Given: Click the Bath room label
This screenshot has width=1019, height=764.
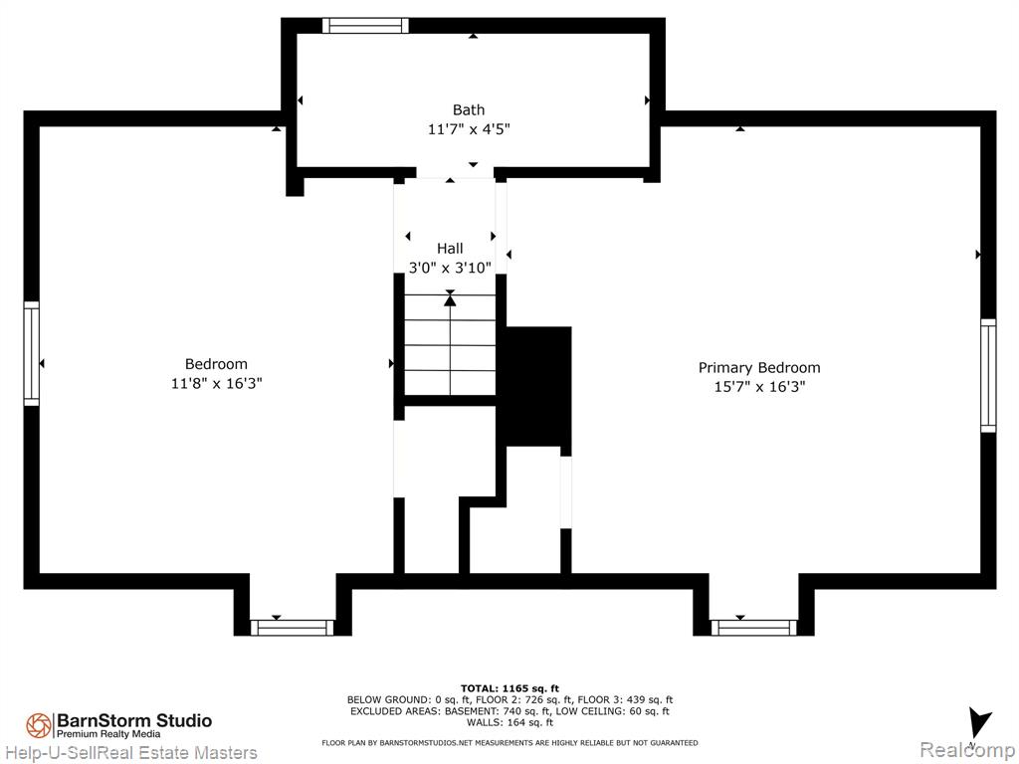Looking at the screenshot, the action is [x=468, y=109].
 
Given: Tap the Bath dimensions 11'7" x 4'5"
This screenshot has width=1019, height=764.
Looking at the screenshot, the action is [x=469, y=129].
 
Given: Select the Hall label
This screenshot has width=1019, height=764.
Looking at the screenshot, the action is [x=450, y=248].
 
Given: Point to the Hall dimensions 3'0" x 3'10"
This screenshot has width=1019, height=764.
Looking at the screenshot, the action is [x=450, y=268].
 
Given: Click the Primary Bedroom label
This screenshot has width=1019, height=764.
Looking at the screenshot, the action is [x=759, y=368].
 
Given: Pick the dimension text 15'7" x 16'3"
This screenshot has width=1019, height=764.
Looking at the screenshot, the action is [x=759, y=387].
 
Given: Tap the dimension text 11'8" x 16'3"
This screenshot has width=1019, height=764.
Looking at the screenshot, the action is [x=216, y=383].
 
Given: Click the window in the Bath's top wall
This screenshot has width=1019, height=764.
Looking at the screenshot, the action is [x=366, y=25].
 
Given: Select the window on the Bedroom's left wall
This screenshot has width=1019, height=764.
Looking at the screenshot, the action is [x=31, y=353].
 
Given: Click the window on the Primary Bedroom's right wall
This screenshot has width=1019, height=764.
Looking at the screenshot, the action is [x=988, y=375].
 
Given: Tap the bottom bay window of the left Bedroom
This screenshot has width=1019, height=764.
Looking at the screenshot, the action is [x=293, y=628].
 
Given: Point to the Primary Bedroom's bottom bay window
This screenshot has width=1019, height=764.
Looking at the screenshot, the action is [x=754, y=628].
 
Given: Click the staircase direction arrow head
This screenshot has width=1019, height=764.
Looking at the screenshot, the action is [x=450, y=299].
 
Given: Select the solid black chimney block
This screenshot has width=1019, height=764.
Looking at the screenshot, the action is [x=538, y=386].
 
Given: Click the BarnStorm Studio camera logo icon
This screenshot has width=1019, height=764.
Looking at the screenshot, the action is [x=39, y=725].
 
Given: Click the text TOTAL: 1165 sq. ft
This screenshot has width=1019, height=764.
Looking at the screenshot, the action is [x=509, y=688].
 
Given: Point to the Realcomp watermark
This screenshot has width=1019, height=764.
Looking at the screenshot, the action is [x=966, y=750].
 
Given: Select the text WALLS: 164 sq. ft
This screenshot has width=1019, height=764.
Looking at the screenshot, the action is [x=509, y=722].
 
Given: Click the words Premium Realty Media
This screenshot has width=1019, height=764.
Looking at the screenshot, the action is [x=108, y=734].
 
